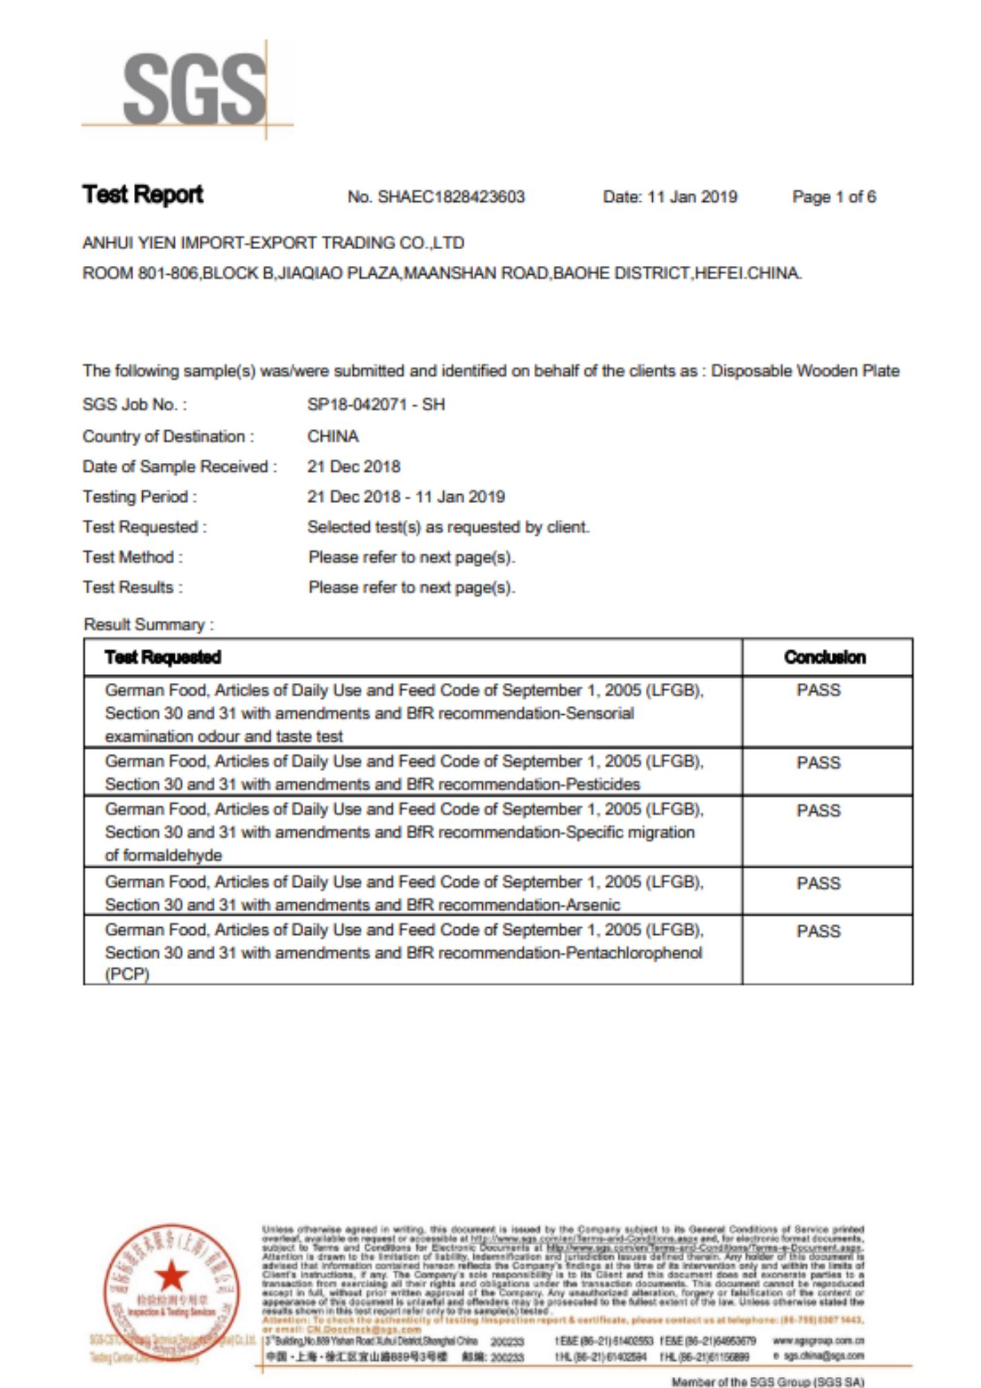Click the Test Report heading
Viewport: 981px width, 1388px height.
click(x=143, y=195)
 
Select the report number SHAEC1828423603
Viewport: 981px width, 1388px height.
click(x=451, y=197)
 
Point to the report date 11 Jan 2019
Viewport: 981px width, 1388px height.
click(x=692, y=197)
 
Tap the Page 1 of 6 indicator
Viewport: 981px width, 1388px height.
click(x=834, y=197)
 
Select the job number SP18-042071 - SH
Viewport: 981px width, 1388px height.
click(x=376, y=405)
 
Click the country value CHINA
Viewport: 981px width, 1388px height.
click(x=333, y=437)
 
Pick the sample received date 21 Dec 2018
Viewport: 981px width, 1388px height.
click(x=354, y=466)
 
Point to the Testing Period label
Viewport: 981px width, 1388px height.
click(x=139, y=497)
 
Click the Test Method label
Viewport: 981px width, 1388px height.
click(x=133, y=557)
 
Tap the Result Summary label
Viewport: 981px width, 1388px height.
click(x=148, y=625)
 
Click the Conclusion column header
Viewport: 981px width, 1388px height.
click(x=825, y=657)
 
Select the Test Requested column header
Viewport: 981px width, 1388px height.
click(x=163, y=657)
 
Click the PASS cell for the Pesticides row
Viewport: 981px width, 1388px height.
click(x=819, y=763)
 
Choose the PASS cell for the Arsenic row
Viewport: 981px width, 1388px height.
click(x=819, y=883)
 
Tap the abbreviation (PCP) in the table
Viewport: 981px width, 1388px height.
click(x=127, y=974)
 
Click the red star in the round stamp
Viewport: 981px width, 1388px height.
click(x=171, y=1276)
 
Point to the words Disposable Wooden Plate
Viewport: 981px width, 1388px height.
click(x=805, y=371)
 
